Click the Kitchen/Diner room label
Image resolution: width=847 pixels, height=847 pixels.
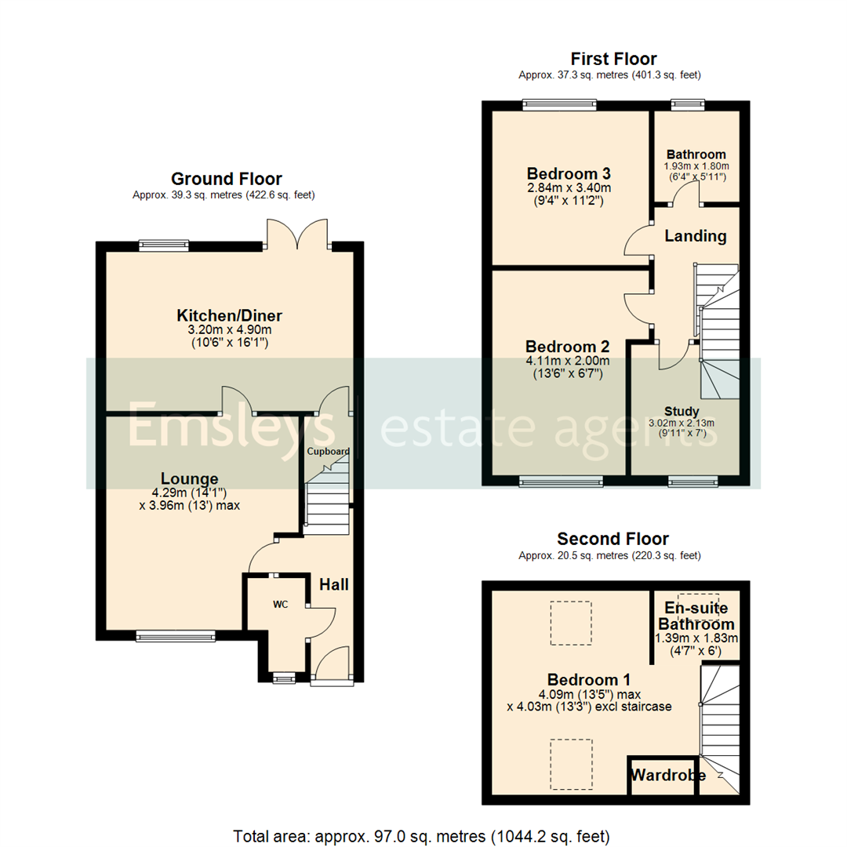coord(229,315)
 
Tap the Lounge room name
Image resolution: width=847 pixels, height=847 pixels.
coord(190,478)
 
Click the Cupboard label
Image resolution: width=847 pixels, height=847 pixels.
coord(328,452)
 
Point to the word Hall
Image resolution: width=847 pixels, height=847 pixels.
coord(334,584)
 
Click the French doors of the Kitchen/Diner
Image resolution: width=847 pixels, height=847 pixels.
coord(297,234)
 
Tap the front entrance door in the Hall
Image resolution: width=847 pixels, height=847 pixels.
coord(329,665)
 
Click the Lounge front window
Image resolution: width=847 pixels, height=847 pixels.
coord(175,636)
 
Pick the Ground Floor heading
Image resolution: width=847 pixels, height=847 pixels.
coord(227,179)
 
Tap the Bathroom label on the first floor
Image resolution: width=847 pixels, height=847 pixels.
coord(696,154)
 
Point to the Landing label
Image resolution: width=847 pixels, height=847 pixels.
coord(696,235)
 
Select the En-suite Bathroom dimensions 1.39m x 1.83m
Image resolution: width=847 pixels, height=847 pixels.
coord(696,638)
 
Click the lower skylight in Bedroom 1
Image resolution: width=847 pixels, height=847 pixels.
coord(570,762)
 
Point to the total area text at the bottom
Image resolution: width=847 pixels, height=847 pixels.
coord(421,835)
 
